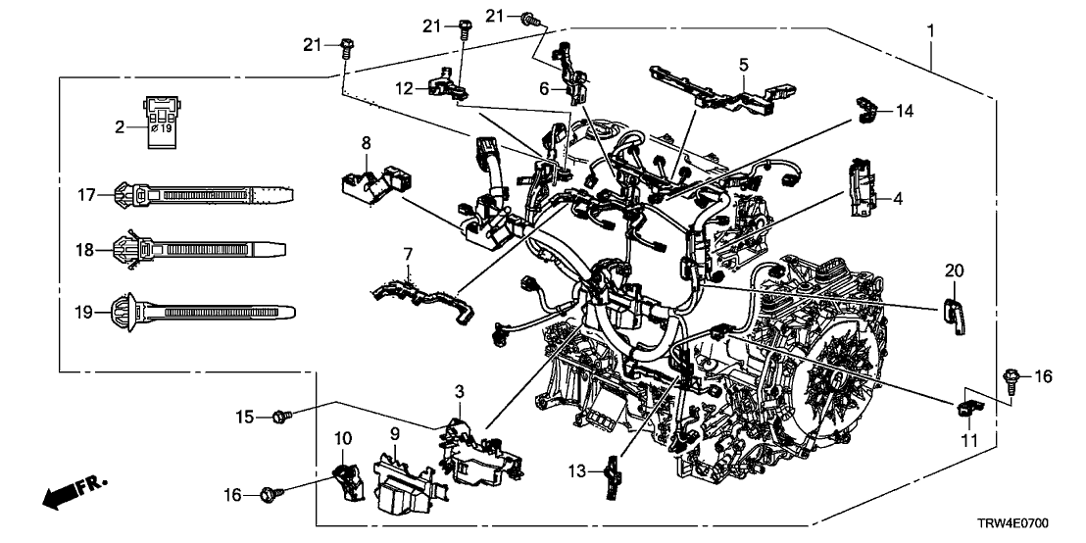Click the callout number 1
coord(930,31)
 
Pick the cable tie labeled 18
coord(201,249)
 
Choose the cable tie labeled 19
coord(201,312)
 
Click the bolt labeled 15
coord(279,418)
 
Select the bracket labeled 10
coord(344,481)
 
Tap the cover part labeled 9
coord(403,485)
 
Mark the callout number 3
coord(459,392)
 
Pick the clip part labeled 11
coord(966,406)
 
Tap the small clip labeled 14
coord(866,110)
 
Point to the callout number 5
coord(743,65)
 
